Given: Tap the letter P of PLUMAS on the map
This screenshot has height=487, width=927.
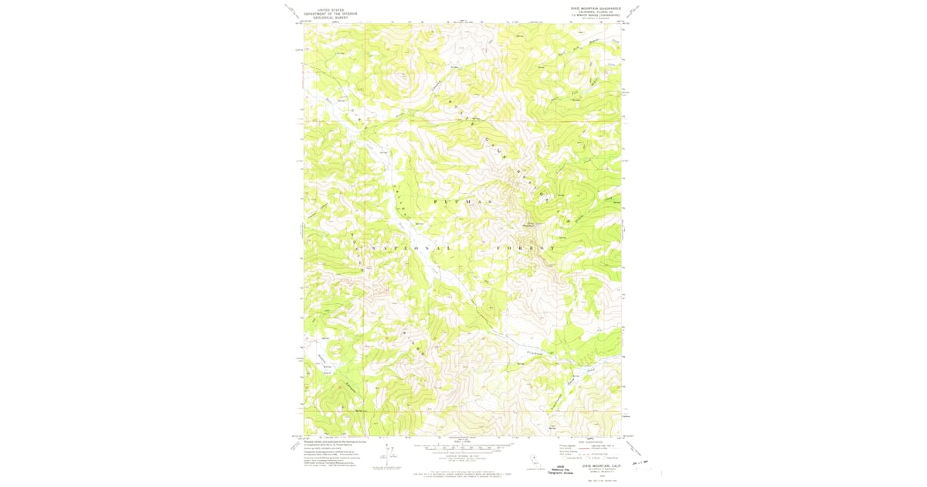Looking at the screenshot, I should (x=437, y=201).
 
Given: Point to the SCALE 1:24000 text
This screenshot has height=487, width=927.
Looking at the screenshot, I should (x=462, y=441).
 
